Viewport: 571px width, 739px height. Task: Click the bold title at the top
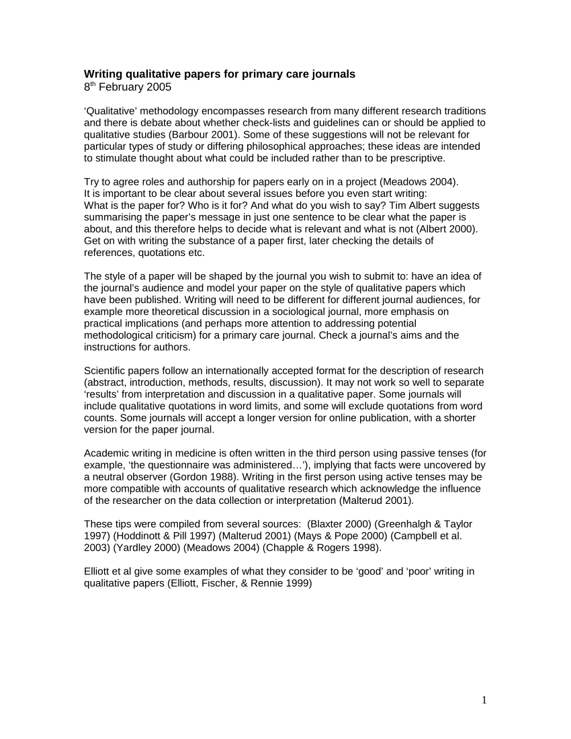tap(219, 74)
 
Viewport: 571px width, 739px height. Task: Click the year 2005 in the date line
tap(159, 87)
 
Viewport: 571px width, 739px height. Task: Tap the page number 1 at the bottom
tap(484, 701)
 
